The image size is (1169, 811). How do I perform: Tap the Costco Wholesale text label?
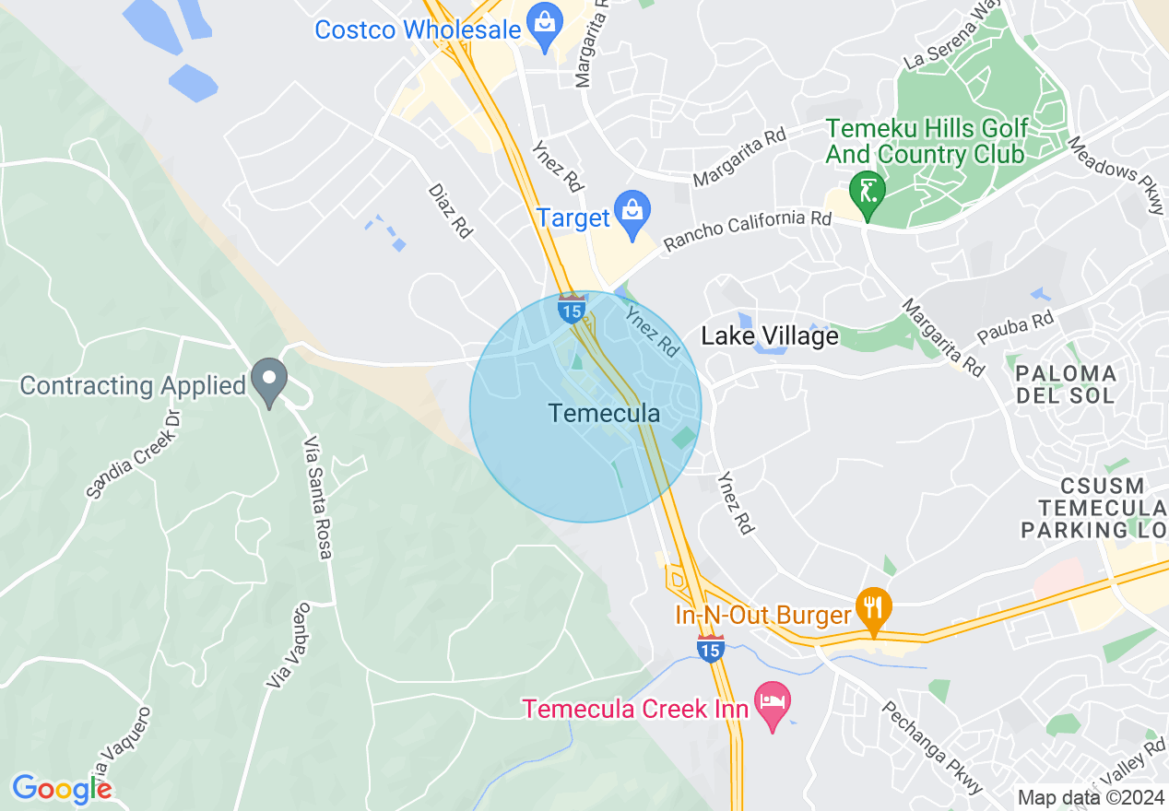click(418, 29)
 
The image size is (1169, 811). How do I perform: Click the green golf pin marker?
click(868, 189)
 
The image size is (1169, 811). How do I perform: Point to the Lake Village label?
click(770, 336)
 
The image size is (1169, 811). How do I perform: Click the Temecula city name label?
click(604, 414)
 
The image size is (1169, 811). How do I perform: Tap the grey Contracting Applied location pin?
click(269, 381)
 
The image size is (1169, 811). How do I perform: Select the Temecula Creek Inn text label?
click(636, 710)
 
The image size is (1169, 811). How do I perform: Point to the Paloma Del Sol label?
click(1066, 384)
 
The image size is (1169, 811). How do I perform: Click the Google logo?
click(62, 789)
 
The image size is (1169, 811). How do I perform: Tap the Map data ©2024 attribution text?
click(1091, 797)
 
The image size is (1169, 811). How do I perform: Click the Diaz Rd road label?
click(450, 210)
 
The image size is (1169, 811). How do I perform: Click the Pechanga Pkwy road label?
click(926, 747)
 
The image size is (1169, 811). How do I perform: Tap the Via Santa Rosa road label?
click(318, 497)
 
